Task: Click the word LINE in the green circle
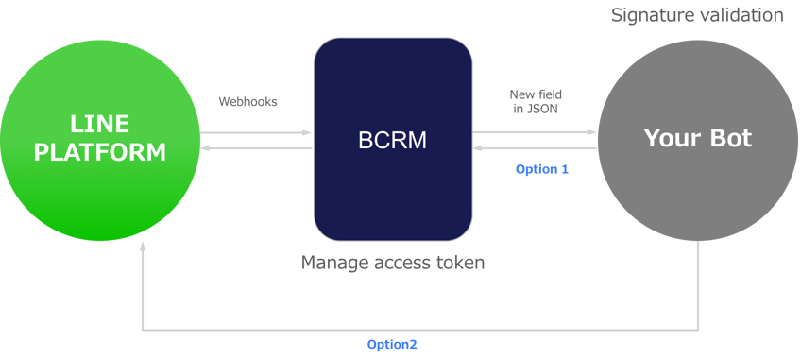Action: [98, 124]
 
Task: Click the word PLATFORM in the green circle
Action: [99, 151]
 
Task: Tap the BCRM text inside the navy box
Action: [392, 140]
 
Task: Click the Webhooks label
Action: [247, 101]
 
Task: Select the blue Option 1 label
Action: [541, 169]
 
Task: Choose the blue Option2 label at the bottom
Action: [392, 344]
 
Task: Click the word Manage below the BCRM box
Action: [332, 263]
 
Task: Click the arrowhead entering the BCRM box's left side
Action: [307, 132]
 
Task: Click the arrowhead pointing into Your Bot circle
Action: [592, 132]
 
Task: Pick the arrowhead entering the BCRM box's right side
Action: [479, 148]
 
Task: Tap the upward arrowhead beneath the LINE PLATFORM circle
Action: [143, 247]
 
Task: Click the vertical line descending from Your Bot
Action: [699, 283]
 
